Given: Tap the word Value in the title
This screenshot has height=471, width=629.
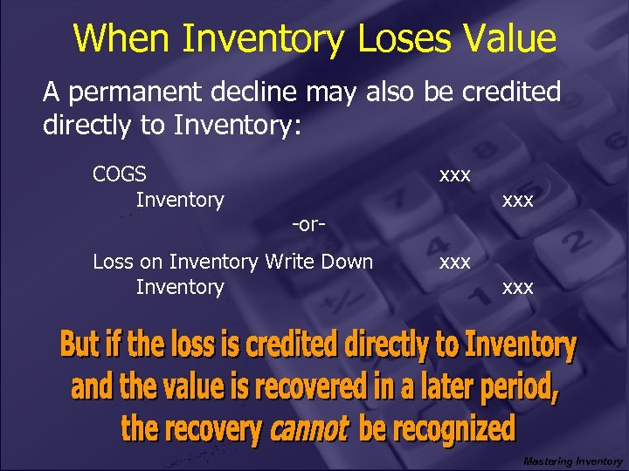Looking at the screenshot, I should [x=510, y=38].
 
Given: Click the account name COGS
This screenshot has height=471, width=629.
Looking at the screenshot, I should [x=119, y=174].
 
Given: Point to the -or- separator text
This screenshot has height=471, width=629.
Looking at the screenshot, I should [x=309, y=224].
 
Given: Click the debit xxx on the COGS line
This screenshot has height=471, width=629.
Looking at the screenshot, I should [x=455, y=174].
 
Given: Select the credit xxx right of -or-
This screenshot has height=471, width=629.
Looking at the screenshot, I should [x=518, y=200].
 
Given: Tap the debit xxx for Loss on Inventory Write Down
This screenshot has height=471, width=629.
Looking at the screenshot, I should [x=455, y=262].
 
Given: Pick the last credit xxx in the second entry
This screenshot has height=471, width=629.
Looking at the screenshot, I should [x=518, y=287].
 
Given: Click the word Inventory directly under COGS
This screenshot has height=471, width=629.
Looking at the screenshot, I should [x=180, y=200].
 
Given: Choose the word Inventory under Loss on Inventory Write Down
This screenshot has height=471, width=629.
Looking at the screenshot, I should [x=180, y=287].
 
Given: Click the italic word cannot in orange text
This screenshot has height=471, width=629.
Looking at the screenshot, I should [x=310, y=428].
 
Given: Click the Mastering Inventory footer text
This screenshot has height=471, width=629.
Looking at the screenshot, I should [x=572, y=461].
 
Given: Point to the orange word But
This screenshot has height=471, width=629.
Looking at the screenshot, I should [x=79, y=345].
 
